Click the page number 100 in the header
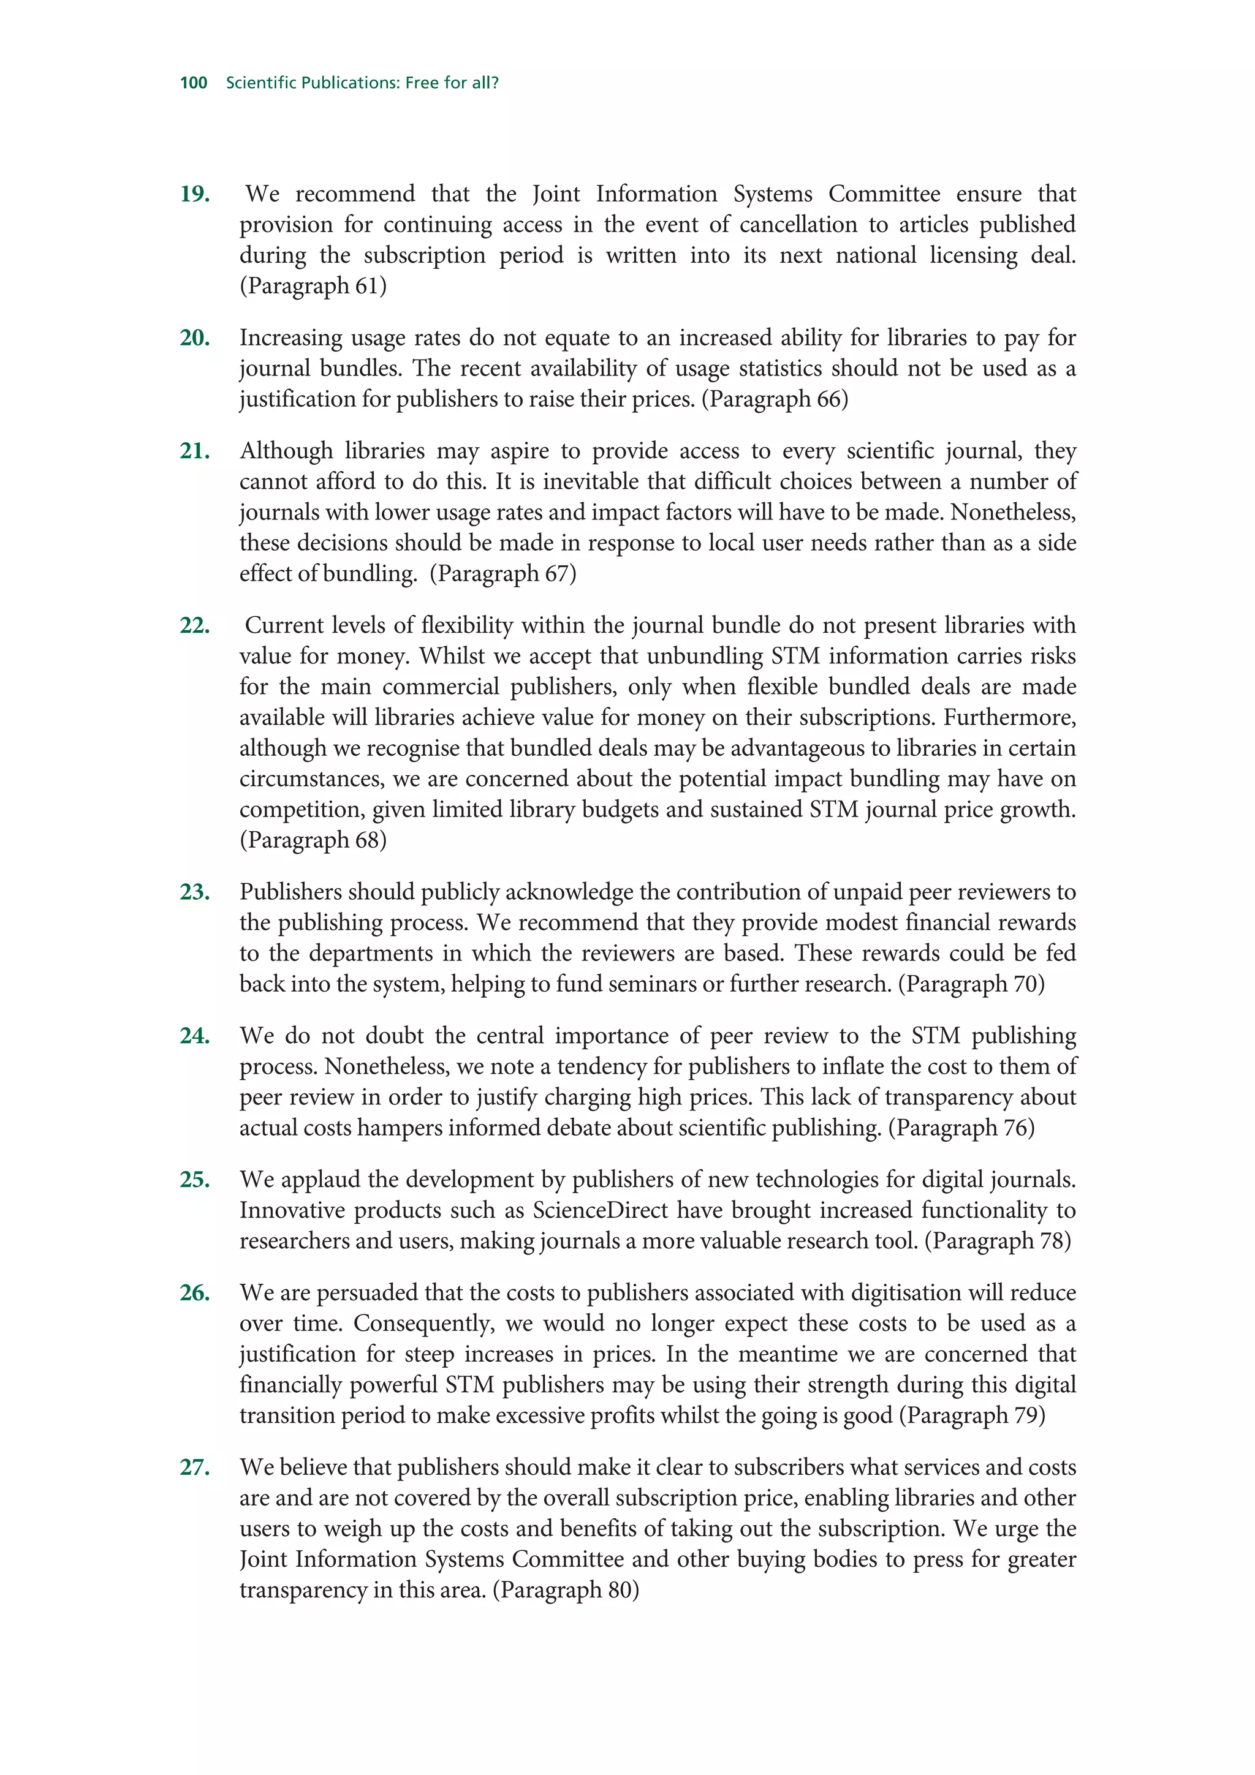(x=193, y=83)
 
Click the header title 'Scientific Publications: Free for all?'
(x=362, y=83)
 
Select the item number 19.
(x=195, y=194)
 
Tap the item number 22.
(x=195, y=625)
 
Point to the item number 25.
(x=195, y=1180)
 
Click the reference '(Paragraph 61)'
(x=313, y=286)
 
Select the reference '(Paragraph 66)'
(x=774, y=399)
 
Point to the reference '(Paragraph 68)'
(x=313, y=840)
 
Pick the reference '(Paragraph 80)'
(x=565, y=1590)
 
